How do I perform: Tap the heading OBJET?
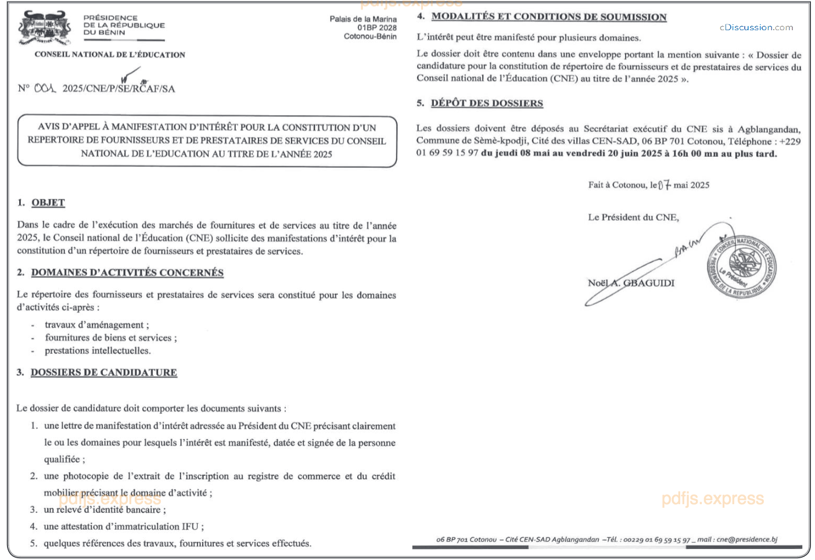click(48, 203)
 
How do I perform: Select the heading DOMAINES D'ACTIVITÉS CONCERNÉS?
click(127, 272)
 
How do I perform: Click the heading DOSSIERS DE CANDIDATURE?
click(104, 372)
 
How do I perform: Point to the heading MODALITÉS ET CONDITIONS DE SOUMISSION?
click(549, 17)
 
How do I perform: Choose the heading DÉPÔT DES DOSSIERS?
click(487, 103)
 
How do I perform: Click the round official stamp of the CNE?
click(741, 267)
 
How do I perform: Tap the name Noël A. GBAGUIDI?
click(631, 283)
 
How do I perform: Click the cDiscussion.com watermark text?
click(756, 27)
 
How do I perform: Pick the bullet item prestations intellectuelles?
click(98, 350)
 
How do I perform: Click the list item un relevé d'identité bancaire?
click(105, 509)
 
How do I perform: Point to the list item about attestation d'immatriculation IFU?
click(124, 526)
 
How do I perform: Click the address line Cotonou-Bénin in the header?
click(370, 37)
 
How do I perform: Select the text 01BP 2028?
click(377, 28)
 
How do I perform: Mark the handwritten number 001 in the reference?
click(45, 88)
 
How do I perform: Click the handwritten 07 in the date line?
click(665, 185)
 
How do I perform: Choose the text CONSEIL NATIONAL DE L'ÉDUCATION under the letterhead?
click(110, 55)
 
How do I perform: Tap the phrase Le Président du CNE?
click(633, 217)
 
